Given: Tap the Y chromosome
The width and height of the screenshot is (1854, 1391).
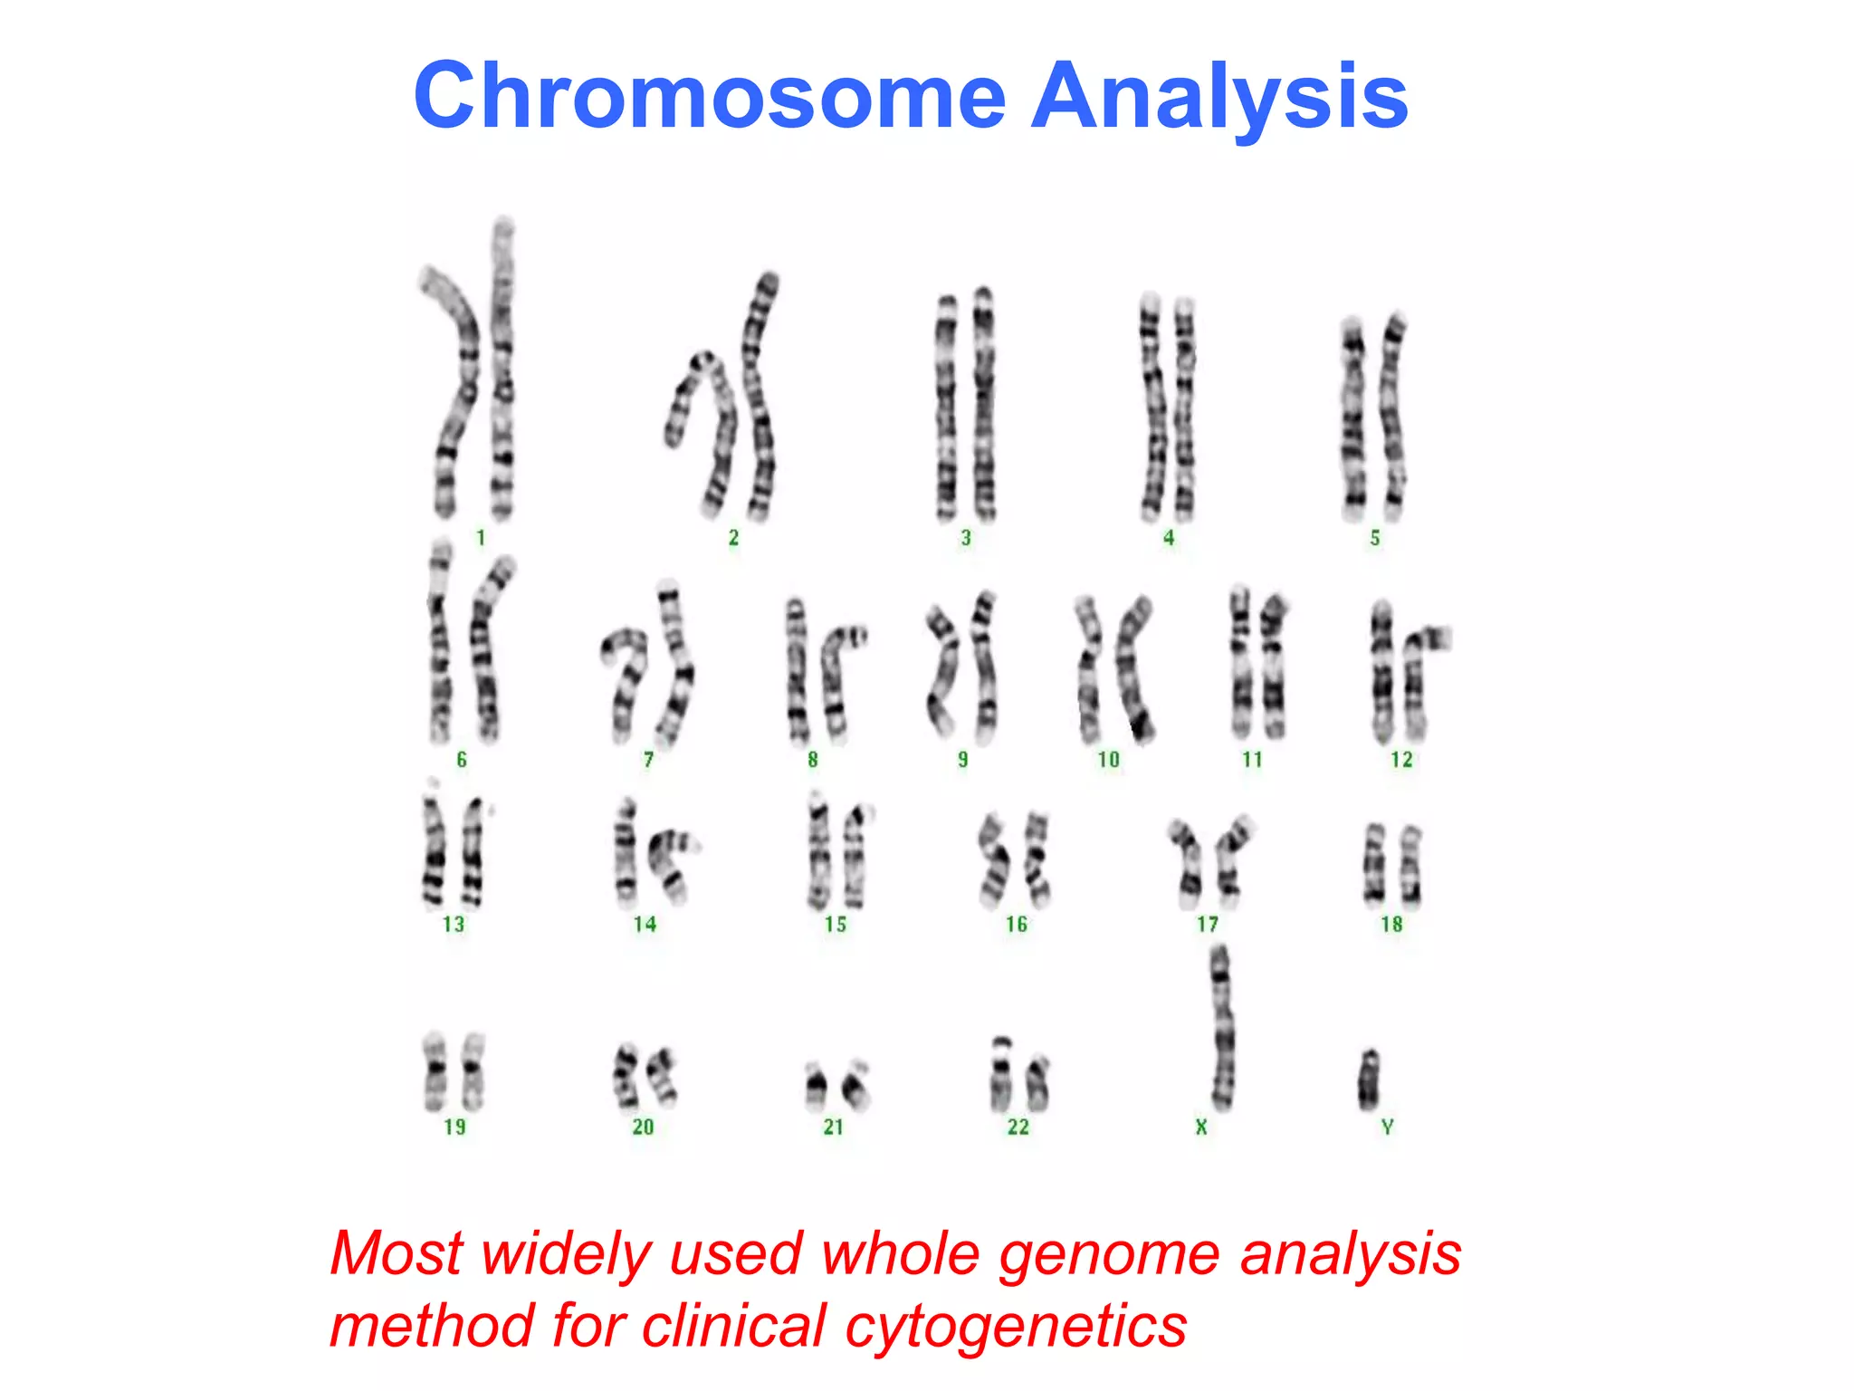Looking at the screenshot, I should click(x=1368, y=1079).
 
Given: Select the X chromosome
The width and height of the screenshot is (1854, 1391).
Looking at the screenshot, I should click(x=1221, y=1028).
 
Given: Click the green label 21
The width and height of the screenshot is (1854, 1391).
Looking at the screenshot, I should click(x=834, y=1127).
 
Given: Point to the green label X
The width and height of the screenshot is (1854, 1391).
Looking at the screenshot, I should click(x=1201, y=1127).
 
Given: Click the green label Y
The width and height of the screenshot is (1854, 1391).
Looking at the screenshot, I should click(x=1387, y=1127).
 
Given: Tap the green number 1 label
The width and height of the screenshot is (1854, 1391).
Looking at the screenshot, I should click(x=481, y=538).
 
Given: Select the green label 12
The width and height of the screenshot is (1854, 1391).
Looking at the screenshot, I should click(x=1401, y=759).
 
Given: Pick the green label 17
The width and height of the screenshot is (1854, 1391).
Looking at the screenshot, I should click(x=1208, y=924).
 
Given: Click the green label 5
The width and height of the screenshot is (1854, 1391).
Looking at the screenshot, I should click(x=1374, y=538).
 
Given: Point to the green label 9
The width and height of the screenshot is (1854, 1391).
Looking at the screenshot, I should click(x=962, y=759).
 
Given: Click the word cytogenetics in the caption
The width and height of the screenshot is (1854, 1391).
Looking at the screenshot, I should click(x=1016, y=1327).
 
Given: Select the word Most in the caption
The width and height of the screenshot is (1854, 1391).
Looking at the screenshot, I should click(x=397, y=1254).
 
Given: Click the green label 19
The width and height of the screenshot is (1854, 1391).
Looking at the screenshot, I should click(x=454, y=1127).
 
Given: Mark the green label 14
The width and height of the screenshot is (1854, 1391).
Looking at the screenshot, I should click(x=645, y=924).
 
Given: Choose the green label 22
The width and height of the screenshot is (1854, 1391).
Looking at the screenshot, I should click(x=1018, y=1127).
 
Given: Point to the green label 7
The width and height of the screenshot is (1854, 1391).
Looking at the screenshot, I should click(x=648, y=759).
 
